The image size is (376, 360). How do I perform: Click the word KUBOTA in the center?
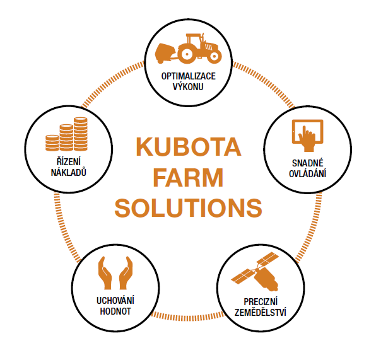[x=189, y=146]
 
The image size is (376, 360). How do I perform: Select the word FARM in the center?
[x=188, y=177]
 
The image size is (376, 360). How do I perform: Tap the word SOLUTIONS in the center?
[x=188, y=208]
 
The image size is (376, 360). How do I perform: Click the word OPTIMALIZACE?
[x=188, y=76]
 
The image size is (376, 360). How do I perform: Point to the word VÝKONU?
[x=188, y=86]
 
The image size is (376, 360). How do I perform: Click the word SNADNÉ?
[x=308, y=163]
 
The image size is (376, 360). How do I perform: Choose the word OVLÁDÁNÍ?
[x=308, y=173]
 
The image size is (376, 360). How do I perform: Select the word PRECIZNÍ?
[x=261, y=302]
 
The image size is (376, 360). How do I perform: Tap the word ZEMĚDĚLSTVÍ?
[x=261, y=312]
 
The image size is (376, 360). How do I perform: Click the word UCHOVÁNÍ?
[x=115, y=301]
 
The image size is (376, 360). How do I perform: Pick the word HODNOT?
[x=115, y=311]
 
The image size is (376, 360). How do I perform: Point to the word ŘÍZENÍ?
[x=69, y=161]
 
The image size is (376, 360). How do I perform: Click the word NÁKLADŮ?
[x=69, y=172]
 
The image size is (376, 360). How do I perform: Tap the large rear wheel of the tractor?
[x=187, y=54]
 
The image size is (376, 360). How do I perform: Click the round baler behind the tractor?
[x=164, y=53]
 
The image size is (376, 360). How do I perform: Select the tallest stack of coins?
[x=81, y=134]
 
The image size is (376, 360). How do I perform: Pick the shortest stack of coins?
[x=52, y=143]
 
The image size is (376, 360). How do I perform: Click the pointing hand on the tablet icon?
[x=307, y=139]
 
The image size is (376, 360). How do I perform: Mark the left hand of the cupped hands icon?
[x=105, y=273]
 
